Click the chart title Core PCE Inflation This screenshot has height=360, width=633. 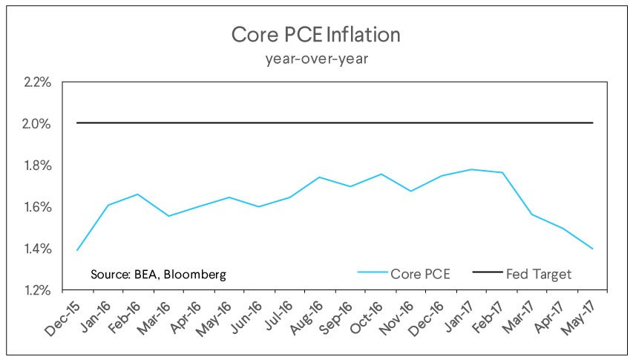tap(316, 35)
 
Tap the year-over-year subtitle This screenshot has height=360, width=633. tap(316, 59)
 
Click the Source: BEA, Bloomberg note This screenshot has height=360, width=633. tap(158, 274)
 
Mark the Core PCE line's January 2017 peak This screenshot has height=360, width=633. tap(471, 169)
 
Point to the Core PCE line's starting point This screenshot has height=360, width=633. tap(78, 250)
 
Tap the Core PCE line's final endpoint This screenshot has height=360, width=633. tap(592, 249)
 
